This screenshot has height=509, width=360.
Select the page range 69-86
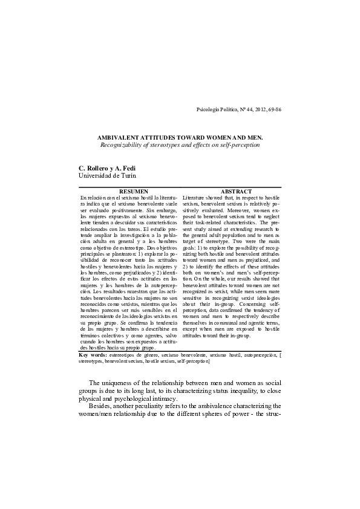click(273, 109)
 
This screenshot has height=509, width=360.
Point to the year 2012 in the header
click(258, 109)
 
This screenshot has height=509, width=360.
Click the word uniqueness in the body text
click(123, 383)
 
